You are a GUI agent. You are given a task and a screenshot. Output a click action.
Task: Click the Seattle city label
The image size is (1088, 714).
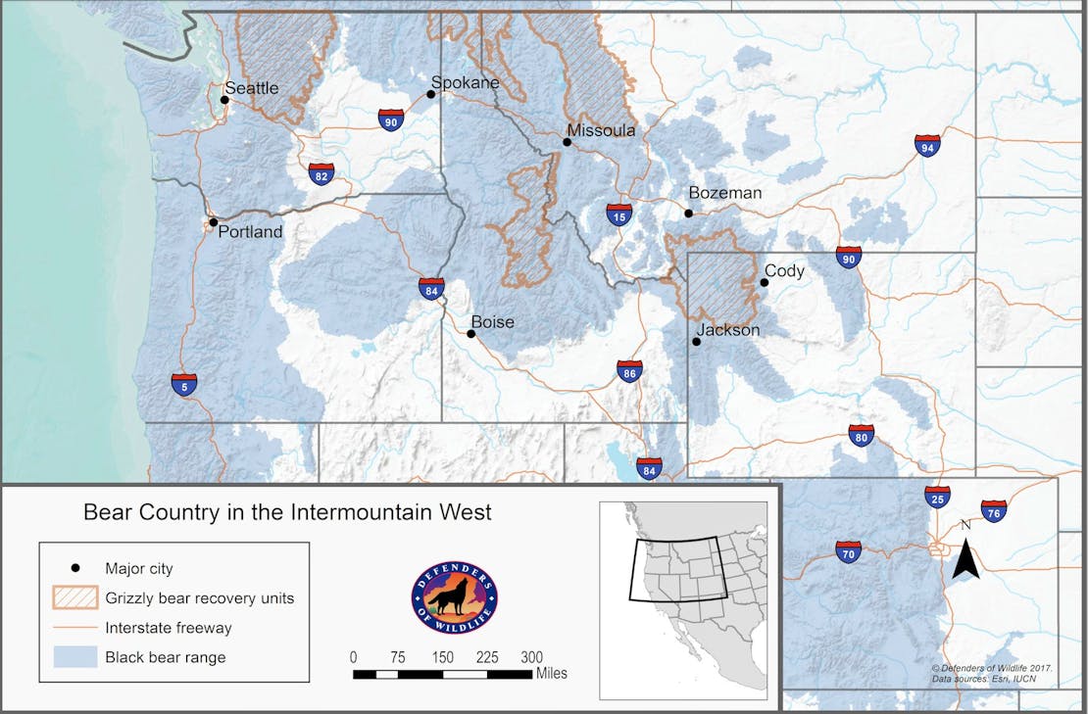(252, 88)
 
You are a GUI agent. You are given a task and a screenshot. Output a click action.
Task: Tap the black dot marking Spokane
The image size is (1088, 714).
(430, 94)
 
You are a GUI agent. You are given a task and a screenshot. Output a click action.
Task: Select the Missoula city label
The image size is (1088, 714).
(601, 130)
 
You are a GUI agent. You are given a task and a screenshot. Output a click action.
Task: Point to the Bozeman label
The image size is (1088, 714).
(724, 193)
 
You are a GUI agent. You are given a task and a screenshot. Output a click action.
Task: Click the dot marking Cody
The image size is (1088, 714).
(765, 282)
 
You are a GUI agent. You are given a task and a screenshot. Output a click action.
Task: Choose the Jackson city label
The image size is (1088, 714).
(728, 330)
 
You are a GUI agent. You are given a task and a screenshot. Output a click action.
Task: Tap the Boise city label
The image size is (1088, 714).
(492, 321)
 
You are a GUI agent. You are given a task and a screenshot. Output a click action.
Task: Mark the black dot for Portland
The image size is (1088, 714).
(213, 222)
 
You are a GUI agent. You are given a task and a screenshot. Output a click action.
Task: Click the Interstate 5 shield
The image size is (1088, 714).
(183, 383)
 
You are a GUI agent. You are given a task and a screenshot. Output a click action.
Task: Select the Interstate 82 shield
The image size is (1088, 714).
(321, 173)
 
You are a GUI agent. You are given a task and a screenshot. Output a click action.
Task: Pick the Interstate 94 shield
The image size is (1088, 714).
(927, 146)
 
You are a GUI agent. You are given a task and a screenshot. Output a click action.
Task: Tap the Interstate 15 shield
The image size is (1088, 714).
(618, 215)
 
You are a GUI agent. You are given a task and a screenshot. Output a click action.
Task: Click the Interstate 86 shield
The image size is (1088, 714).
(630, 371)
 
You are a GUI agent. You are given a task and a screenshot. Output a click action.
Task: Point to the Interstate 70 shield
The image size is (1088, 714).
(848, 551)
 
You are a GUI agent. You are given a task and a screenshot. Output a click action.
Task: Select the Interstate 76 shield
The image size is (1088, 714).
(994, 510)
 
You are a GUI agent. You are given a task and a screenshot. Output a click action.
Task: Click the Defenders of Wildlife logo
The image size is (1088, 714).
(454, 596)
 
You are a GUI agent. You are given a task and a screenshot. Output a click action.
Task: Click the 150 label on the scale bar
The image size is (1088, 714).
(442, 656)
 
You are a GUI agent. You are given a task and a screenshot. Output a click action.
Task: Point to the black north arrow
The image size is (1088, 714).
(965, 559)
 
